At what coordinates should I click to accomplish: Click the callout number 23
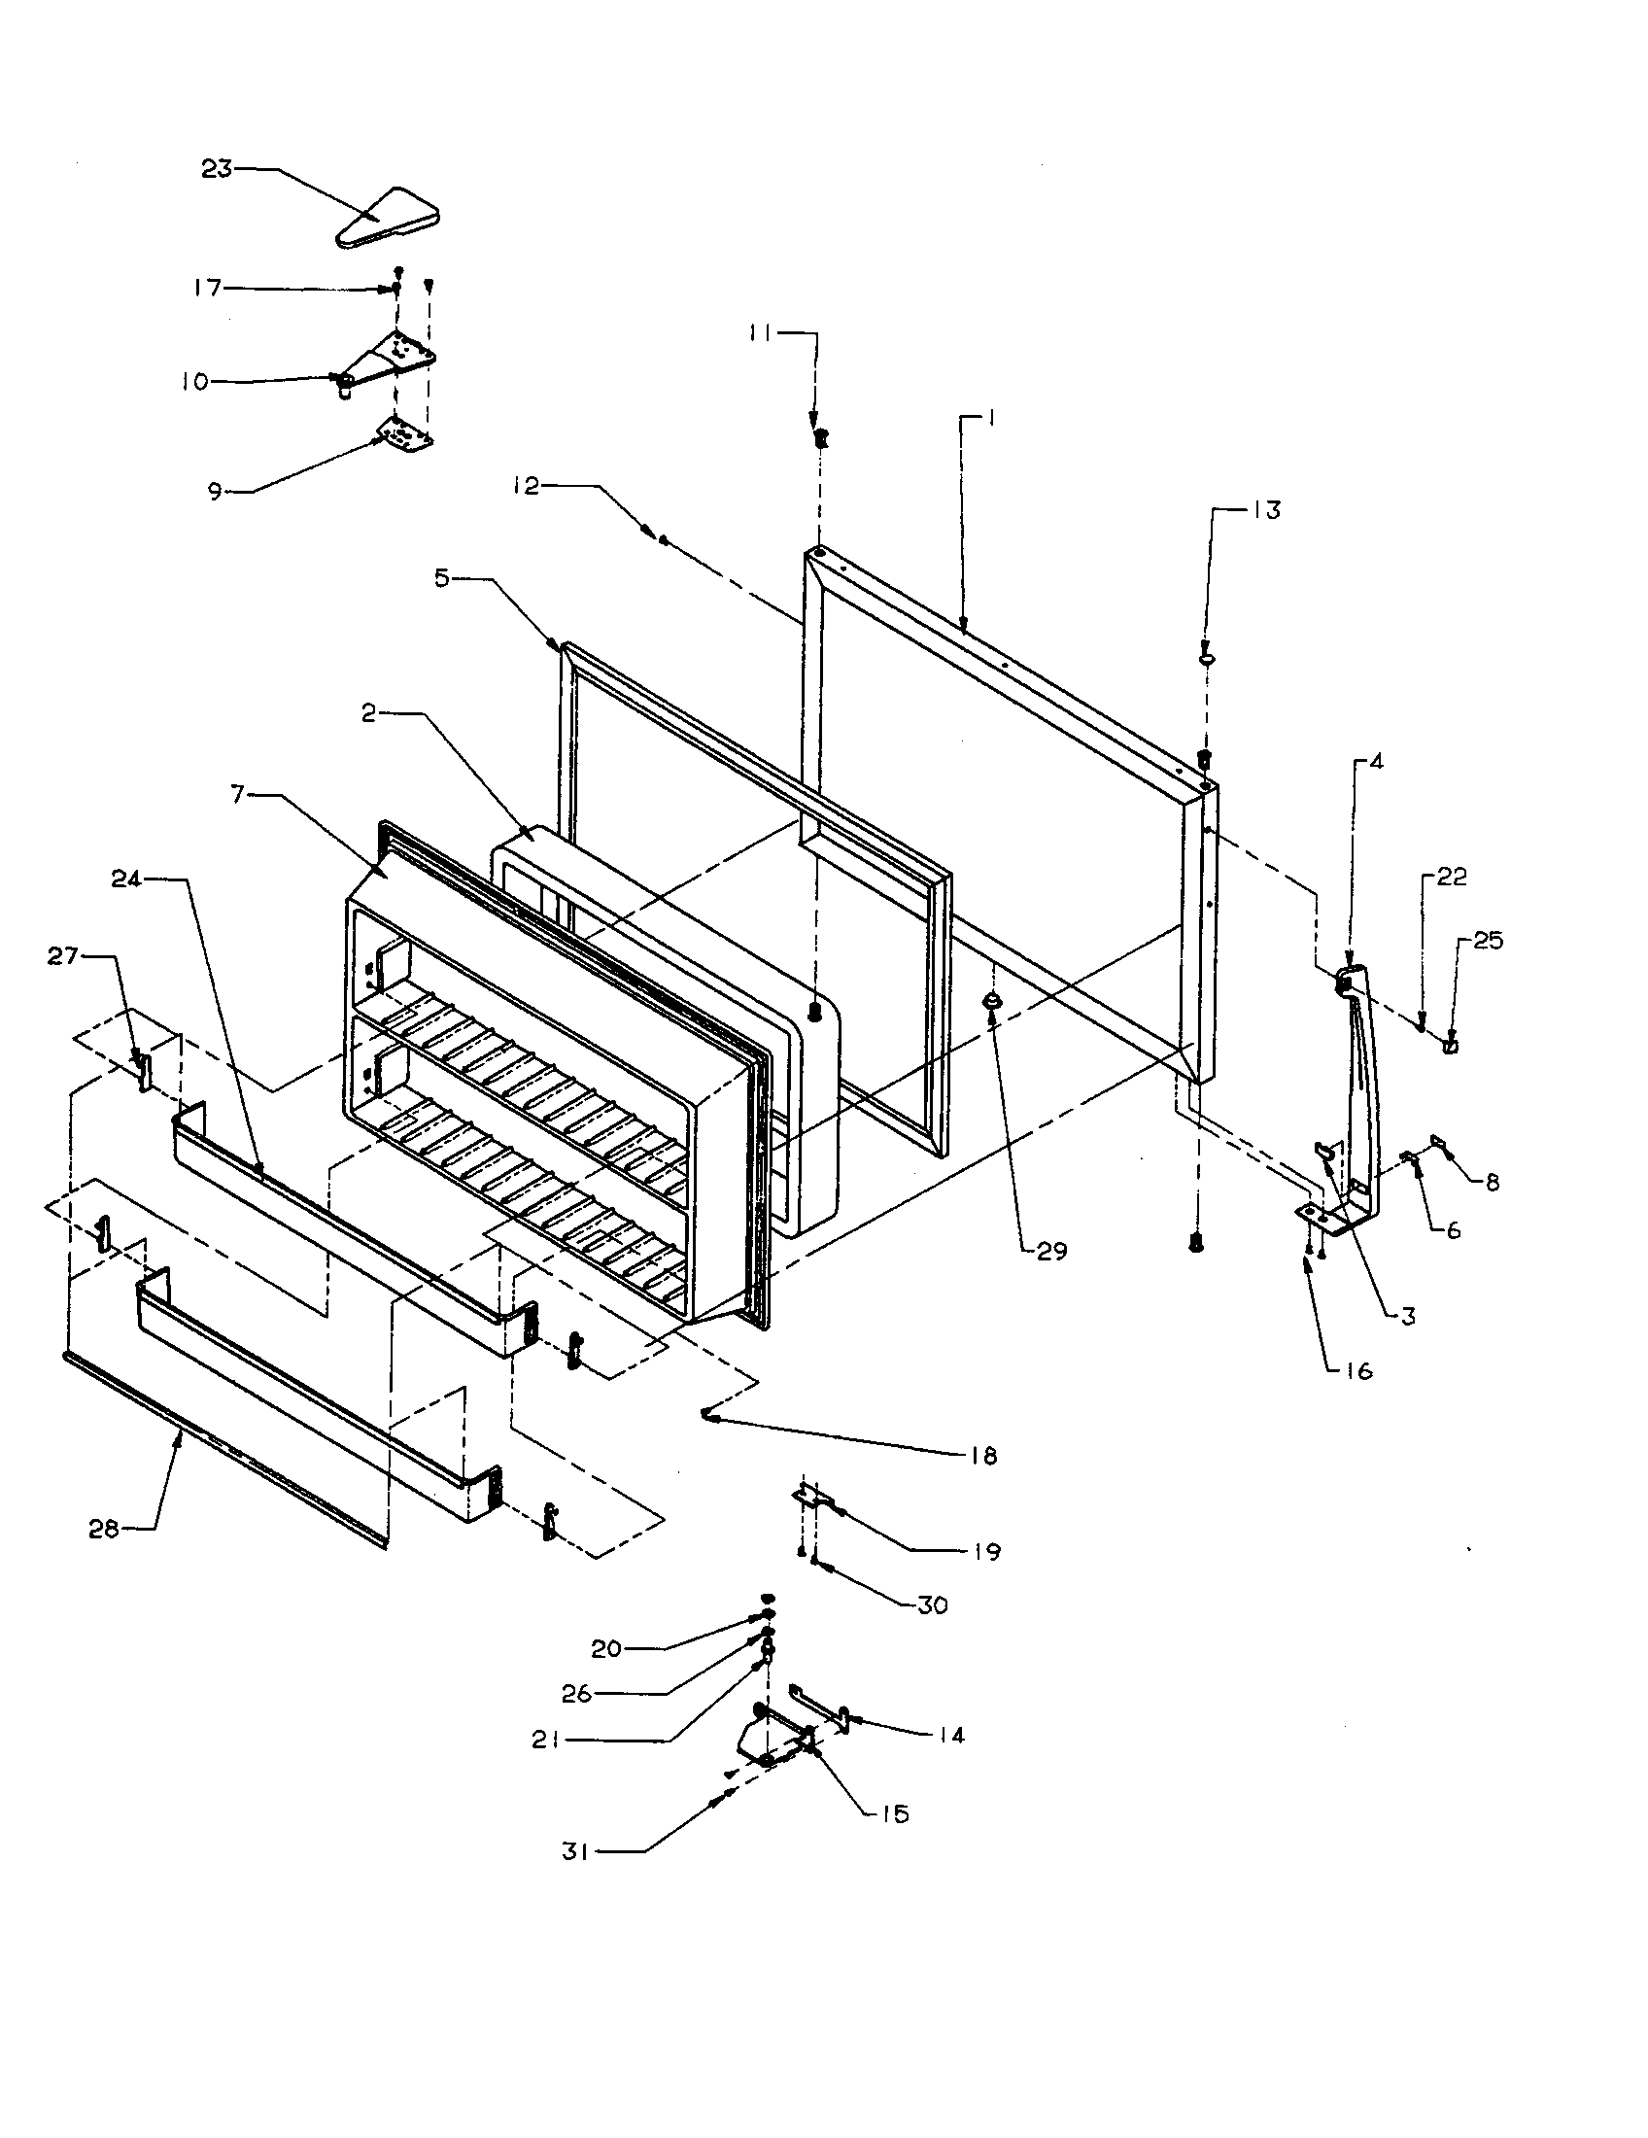pos(217,168)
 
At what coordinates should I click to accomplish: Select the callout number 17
pos(208,288)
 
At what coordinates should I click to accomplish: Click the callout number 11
pos(761,333)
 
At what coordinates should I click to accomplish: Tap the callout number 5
pos(443,578)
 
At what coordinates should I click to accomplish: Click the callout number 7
pos(238,794)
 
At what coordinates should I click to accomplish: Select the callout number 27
pos(62,955)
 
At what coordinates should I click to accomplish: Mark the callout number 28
pos(104,1528)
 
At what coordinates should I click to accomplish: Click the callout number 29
pos(1051,1250)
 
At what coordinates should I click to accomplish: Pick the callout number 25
pos(1488,941)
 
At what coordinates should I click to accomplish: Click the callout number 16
pos(1357,1370)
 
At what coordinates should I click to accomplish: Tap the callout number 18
pos(983,1456)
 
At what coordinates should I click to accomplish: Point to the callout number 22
pos(1452,877)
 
